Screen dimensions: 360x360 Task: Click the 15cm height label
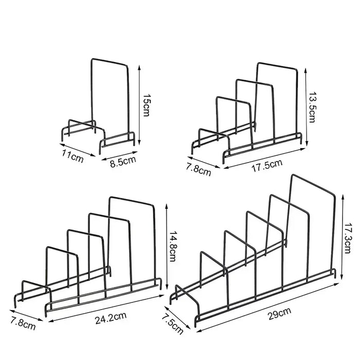pos(146,105)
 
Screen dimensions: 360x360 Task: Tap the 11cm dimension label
pos(73,156)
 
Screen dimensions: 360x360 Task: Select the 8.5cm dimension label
pos(123,161)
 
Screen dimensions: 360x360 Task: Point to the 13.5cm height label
pos(312,107)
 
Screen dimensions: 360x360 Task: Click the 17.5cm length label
pos(267,166)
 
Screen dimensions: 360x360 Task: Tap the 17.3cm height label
pos(348,238)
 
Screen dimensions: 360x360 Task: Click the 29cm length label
pos(279,313)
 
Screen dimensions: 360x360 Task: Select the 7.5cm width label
pos(173,325)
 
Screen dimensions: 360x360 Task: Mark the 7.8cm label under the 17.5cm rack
pos(199,170)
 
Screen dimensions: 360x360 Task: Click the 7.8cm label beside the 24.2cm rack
pos(23,323)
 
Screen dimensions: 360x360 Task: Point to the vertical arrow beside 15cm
pos(139,105)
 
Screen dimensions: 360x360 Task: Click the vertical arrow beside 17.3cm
pos(343,236)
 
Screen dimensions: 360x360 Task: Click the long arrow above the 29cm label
pos(268,308)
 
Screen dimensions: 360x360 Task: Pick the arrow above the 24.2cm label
pos(106,309)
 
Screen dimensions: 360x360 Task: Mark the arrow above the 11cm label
pos(77,150)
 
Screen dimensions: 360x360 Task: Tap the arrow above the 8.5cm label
pos(119,155)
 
